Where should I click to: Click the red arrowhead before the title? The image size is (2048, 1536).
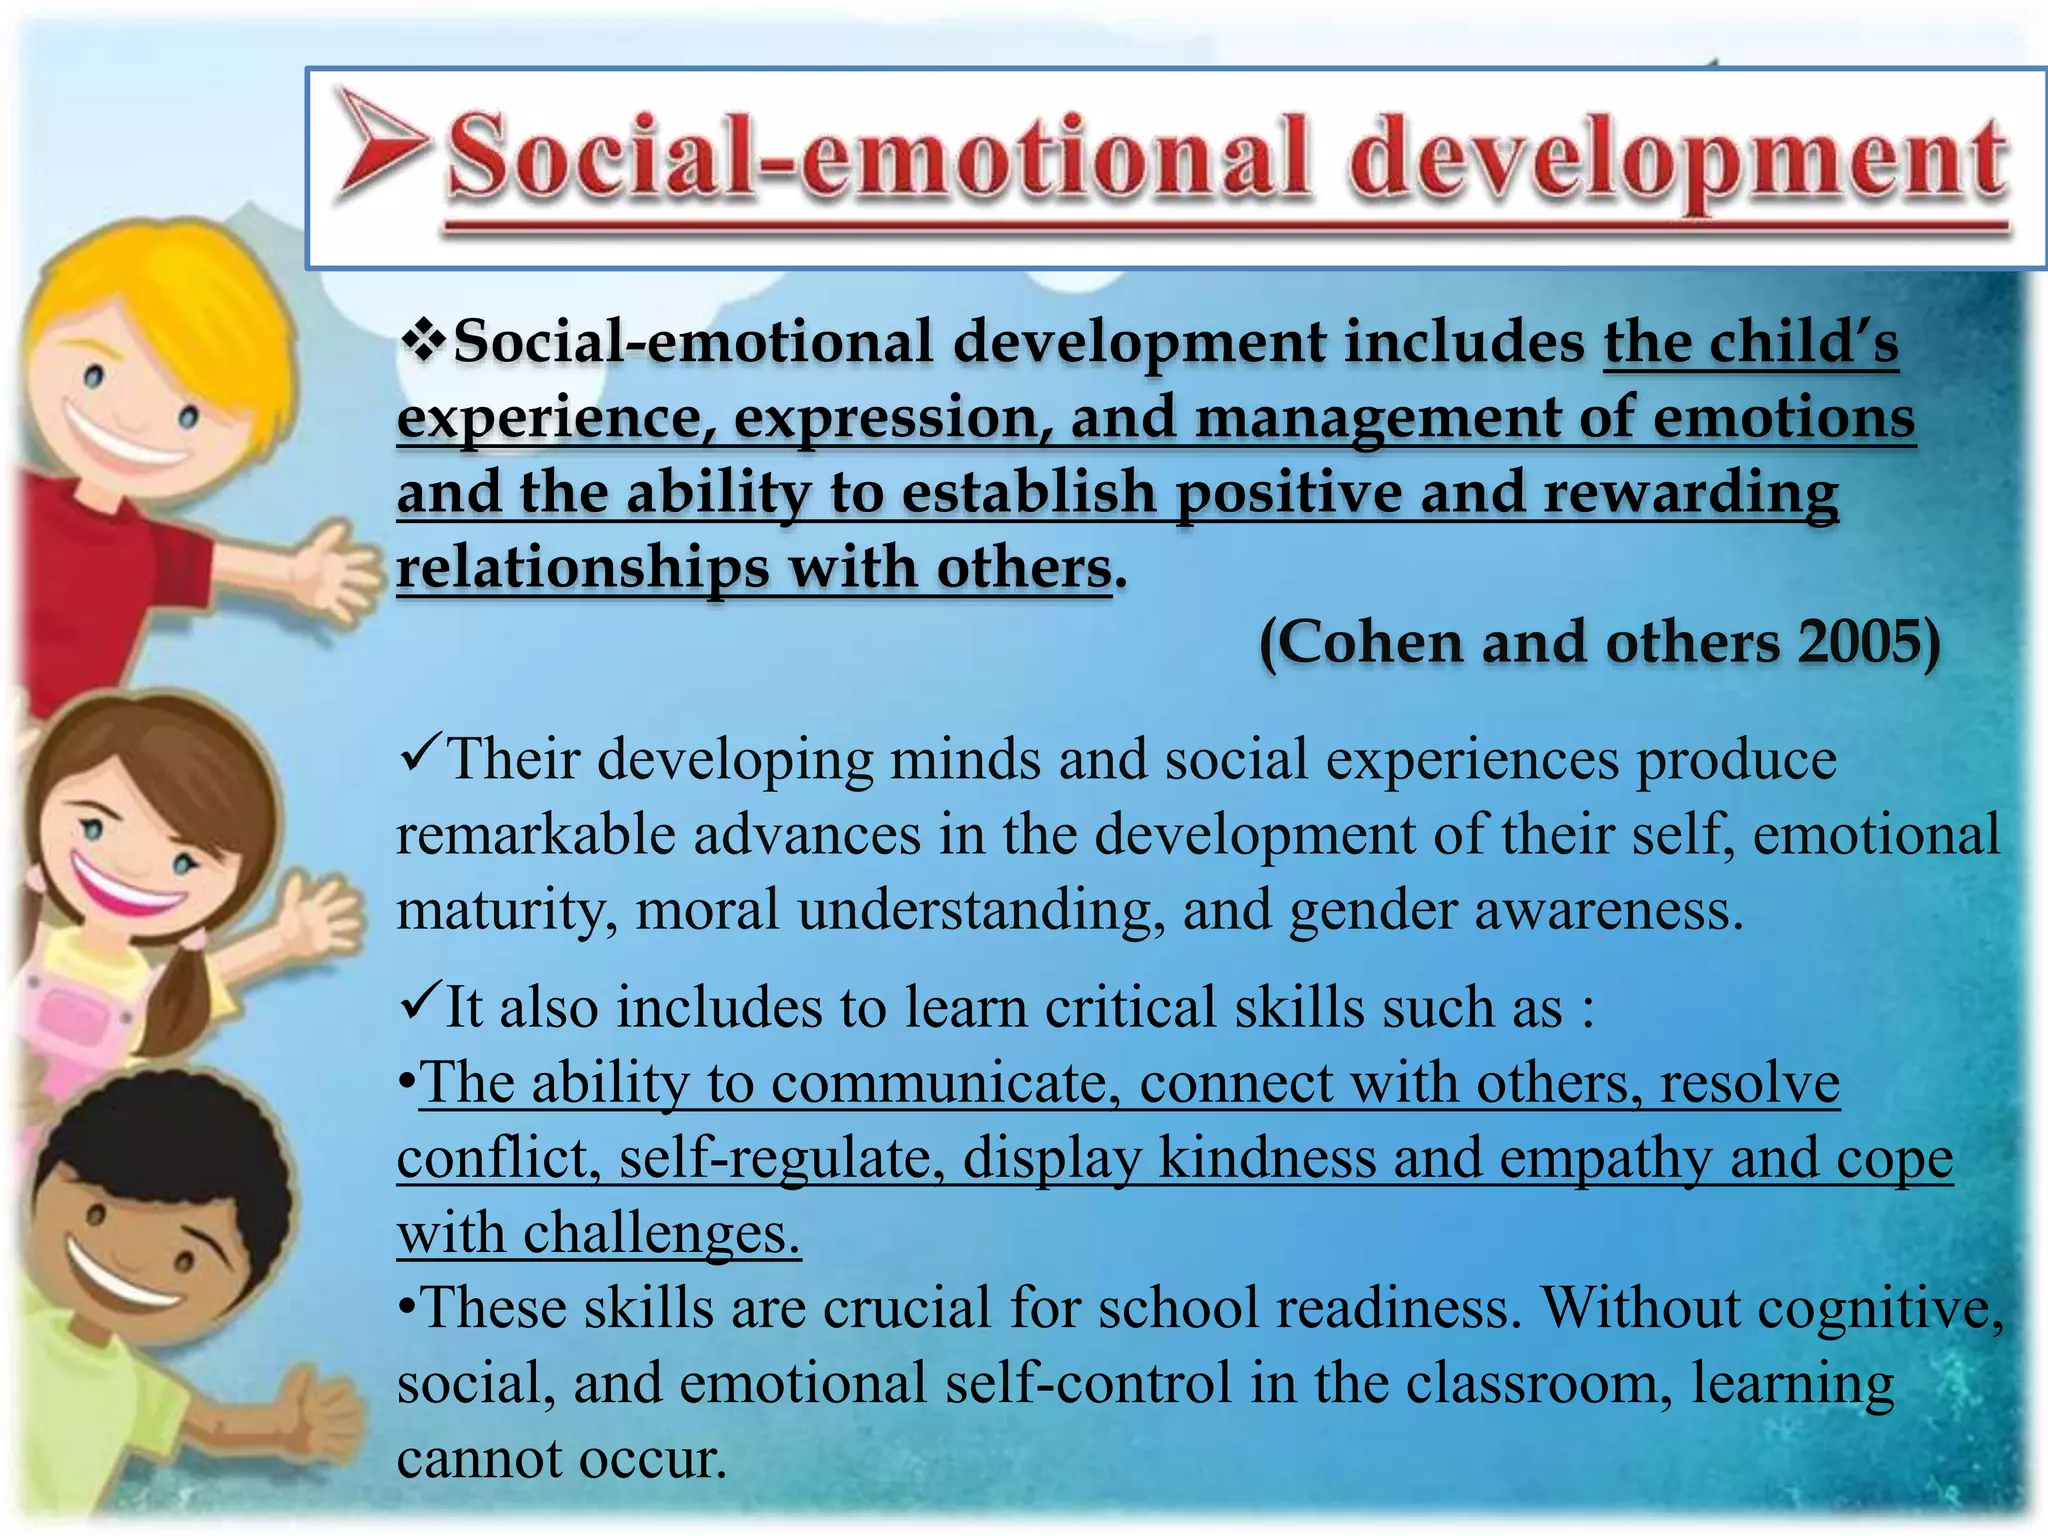pyautogui.click(x=380, y=141)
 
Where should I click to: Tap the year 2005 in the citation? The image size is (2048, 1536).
pyautogui.click(x=1855, y=642)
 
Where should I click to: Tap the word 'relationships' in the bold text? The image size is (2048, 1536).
pyautogui.click(x=582, y=568)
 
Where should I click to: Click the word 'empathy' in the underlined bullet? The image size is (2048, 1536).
pyautogui.click(x=1605, y=1159)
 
